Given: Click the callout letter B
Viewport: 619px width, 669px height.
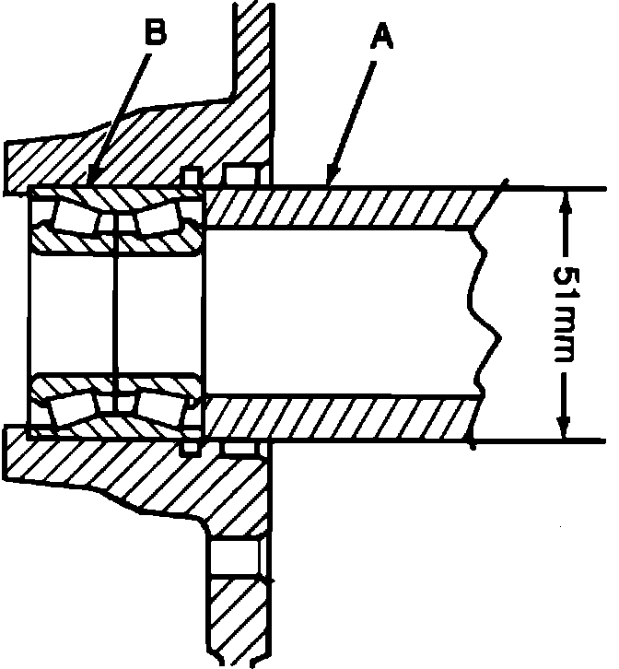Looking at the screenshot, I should [157, 33].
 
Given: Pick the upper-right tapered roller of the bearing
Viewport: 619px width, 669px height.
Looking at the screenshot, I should [157, 217].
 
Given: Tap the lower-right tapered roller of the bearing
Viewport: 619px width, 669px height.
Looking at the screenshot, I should [157, 405].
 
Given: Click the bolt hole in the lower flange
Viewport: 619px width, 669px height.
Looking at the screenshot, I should [235, 558].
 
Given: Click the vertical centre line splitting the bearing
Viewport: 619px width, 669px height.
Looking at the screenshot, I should [114, 313].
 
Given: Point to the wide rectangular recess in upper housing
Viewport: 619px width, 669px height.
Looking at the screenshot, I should [241, 172].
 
